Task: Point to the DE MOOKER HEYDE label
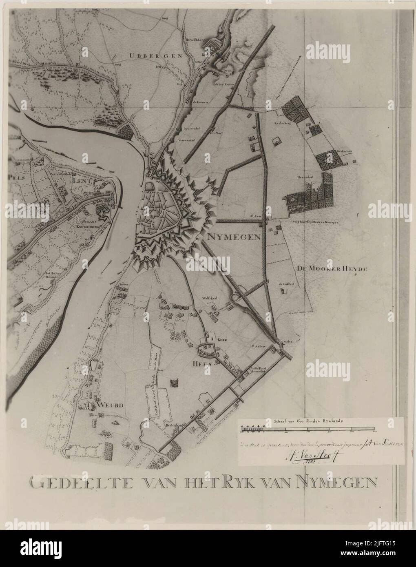click(330, 269)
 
